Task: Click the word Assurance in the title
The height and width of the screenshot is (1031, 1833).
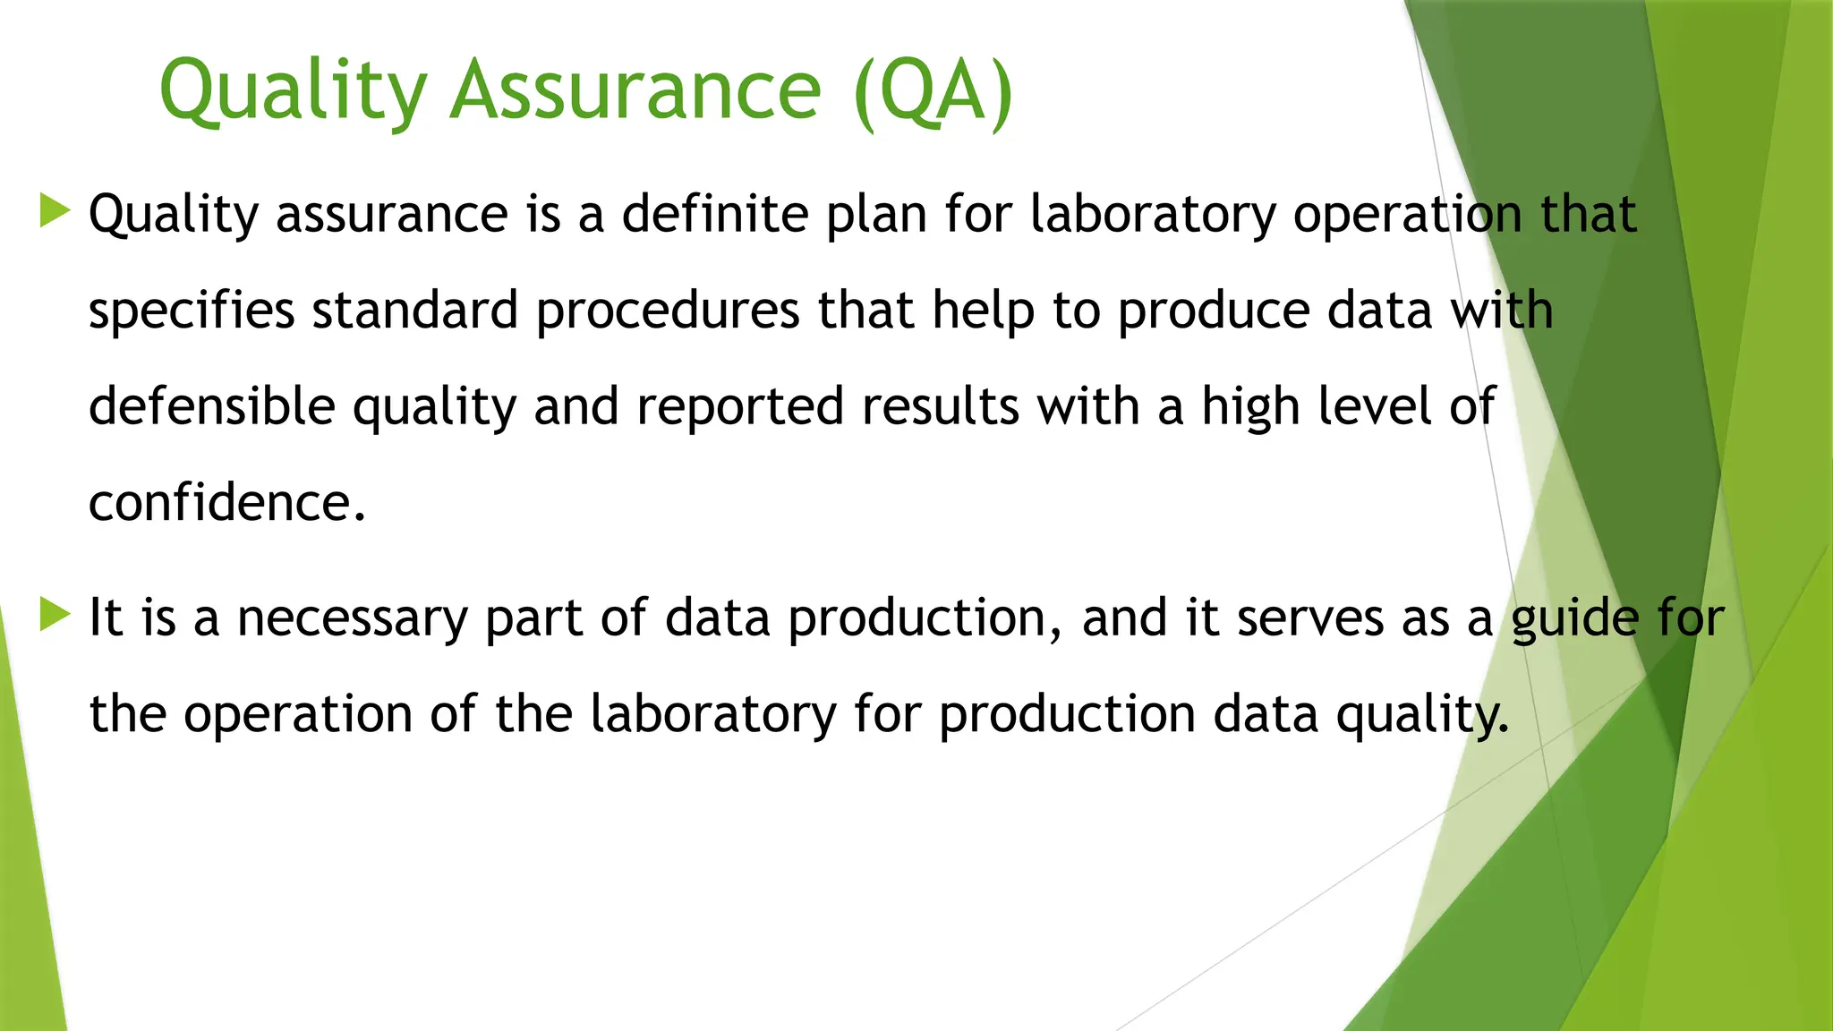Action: pos(635,89)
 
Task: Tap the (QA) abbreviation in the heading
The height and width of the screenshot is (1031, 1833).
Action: pos(934,91)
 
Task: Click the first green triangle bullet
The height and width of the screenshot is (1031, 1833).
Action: pos(55,212)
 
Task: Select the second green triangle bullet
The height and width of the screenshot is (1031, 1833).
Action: pos(55,616)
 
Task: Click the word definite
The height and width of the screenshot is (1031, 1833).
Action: pos(715,214)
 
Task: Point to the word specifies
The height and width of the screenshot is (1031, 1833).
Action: pos(192,311)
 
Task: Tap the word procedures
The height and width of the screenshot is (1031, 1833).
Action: pos(668,311)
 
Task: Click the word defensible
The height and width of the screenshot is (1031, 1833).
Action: pos(211,405)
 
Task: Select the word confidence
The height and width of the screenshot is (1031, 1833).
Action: pos(227,502)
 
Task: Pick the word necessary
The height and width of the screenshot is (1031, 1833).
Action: pos(352,618)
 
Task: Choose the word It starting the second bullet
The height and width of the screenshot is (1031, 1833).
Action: pos(105,618)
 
